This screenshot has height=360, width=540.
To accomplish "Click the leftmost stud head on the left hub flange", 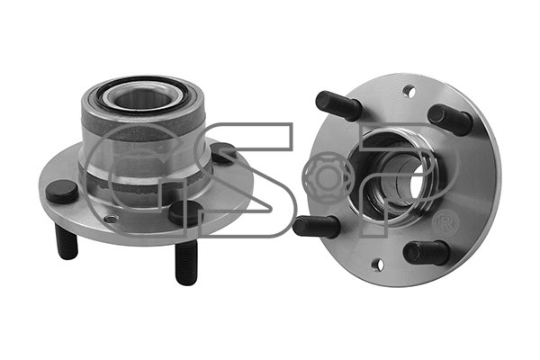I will (61, 191).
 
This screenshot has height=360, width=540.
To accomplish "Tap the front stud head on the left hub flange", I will (179, 212).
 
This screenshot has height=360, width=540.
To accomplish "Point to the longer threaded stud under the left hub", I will (186, 263).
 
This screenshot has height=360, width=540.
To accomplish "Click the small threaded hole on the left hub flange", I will (110, 219).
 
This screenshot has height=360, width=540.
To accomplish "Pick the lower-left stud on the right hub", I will (317, 225).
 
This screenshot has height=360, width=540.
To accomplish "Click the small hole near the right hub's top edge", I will (408, 90).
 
